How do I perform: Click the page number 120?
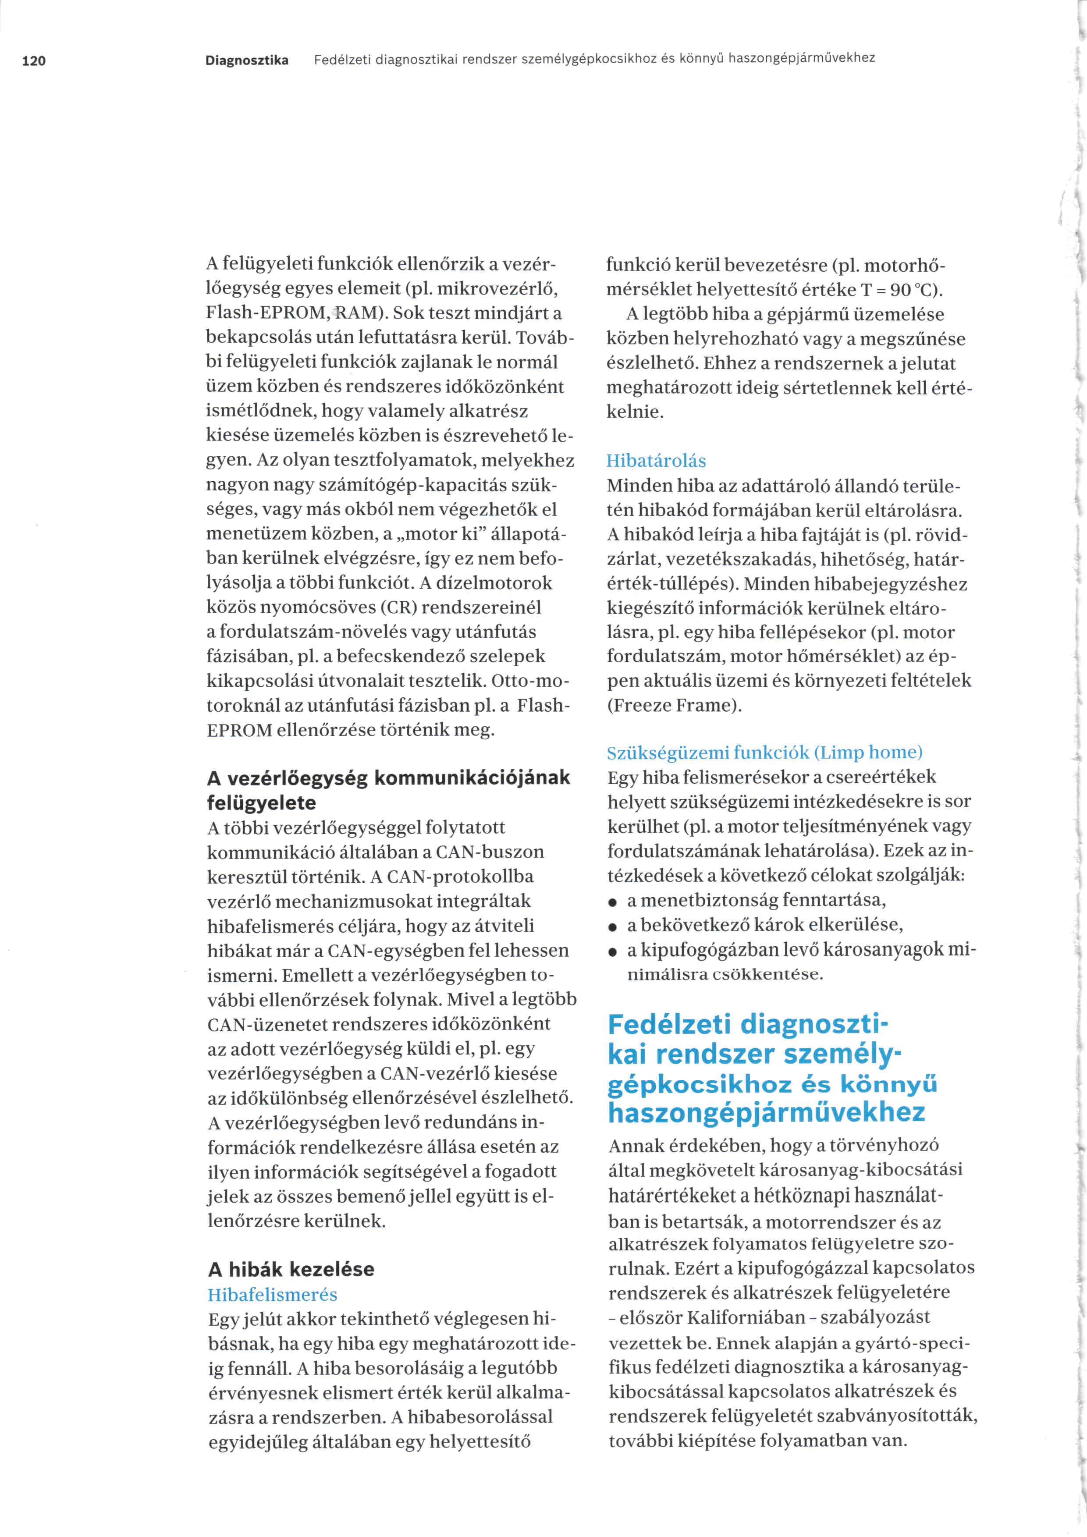tap(33, 61)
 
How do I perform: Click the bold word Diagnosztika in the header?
tap(247, 60)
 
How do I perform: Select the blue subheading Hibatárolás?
tap(656, 461)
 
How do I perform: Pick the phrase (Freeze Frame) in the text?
tap(674, 705)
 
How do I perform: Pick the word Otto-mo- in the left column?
tap(531, 681)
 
